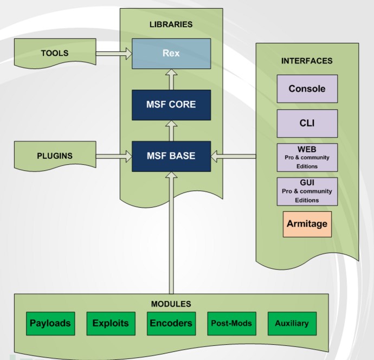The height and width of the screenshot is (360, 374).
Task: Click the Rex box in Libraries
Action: click(171, 54)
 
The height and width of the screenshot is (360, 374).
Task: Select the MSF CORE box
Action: click(171, 105)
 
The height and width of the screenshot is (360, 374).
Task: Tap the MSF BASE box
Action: click(171, 156)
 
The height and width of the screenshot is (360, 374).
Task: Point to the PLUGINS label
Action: click(55, 156)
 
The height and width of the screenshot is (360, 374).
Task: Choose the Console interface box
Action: click(307, 89)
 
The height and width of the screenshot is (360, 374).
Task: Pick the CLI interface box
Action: click(307, 123)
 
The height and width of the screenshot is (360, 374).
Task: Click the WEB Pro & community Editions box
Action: click(307, 157)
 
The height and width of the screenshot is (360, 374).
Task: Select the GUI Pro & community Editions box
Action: click(307, 191)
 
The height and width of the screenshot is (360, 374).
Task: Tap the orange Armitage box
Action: click(307, 224)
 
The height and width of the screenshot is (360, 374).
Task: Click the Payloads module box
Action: click(50, 323)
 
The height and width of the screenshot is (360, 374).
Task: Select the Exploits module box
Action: click(111, 323)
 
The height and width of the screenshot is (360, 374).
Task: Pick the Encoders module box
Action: click(171, 323)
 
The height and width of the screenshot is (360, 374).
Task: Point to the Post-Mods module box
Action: click(231, 323)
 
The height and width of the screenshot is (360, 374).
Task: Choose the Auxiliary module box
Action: click(292, 323)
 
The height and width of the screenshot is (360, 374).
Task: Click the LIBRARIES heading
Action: click(171, 24)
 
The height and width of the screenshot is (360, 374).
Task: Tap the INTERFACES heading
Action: click(307, 61)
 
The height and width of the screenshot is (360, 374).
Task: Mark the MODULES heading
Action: click(171, 304)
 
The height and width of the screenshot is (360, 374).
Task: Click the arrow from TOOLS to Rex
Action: click(114, 53)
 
